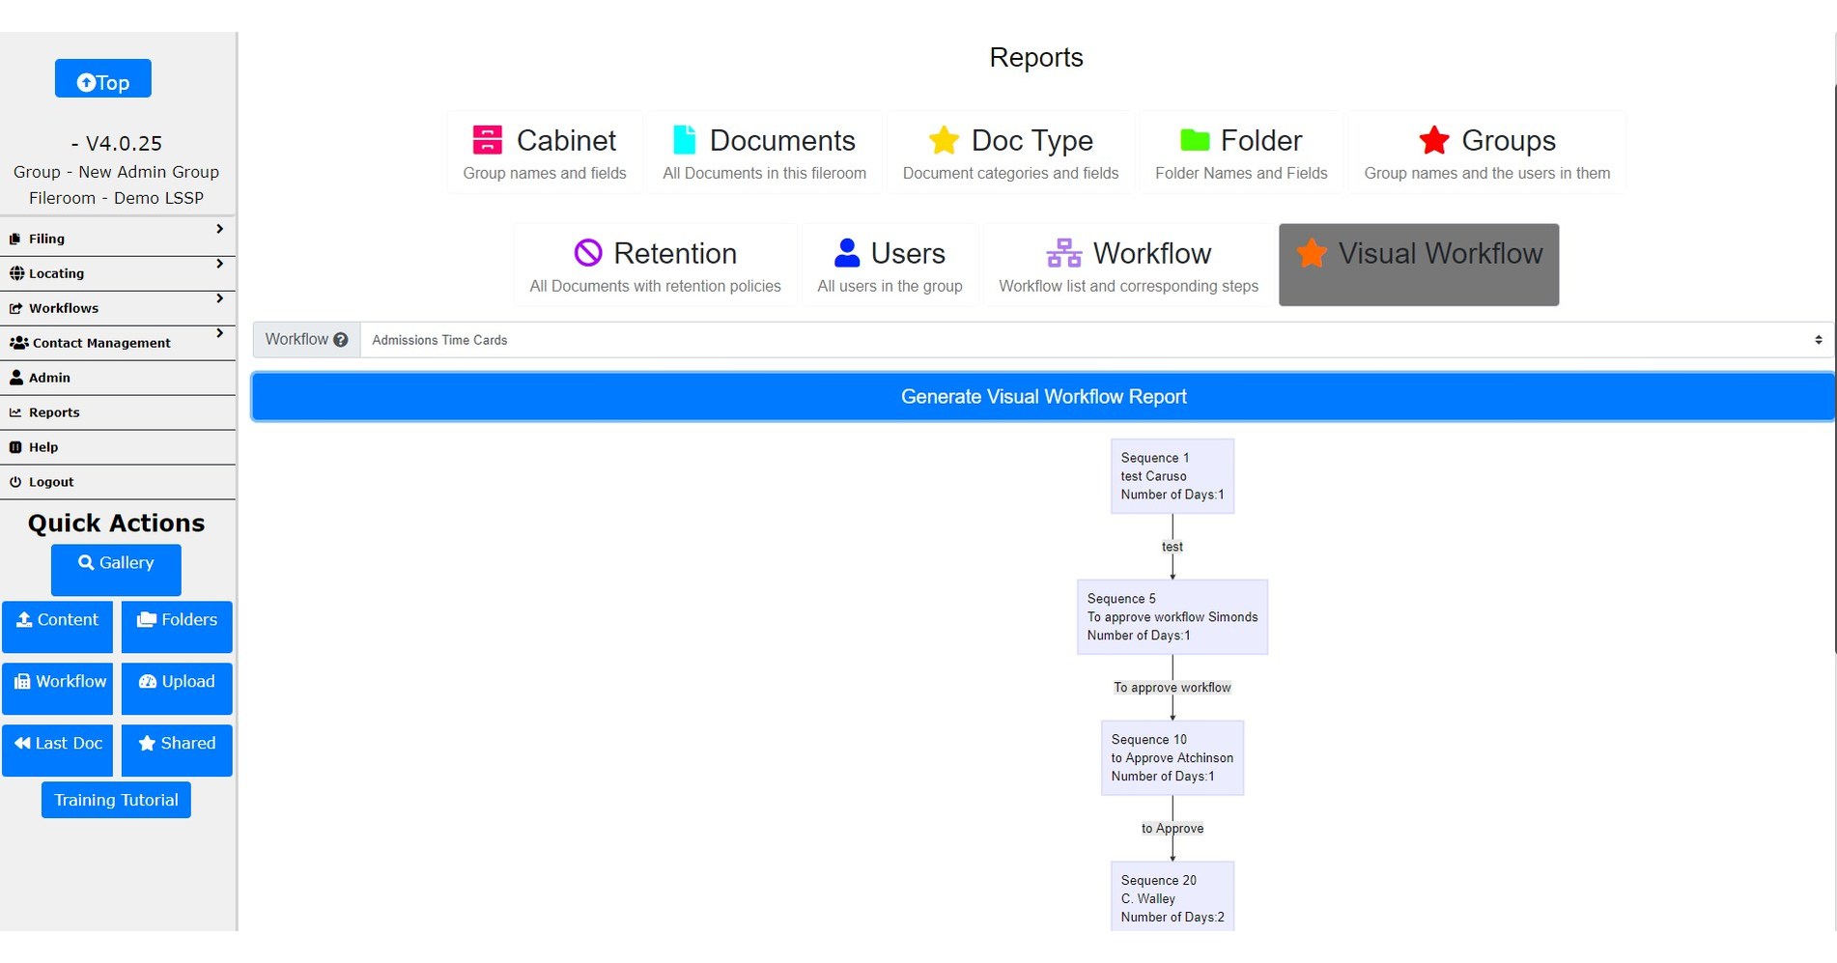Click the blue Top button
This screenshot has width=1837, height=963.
102,78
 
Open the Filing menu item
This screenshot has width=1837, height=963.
118,239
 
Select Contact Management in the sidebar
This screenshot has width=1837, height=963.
118,343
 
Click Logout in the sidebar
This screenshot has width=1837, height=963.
118,482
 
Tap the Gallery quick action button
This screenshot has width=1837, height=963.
116,570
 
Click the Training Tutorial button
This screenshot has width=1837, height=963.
116,800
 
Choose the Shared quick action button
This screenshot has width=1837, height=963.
177,751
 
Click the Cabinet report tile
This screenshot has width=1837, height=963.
545,153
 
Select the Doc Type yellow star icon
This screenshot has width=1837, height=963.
944,140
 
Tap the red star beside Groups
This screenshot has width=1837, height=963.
1434,140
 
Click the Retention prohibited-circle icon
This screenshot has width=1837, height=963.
588,253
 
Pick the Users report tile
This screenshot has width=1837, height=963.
890,265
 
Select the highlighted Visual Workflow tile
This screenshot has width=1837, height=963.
1419,265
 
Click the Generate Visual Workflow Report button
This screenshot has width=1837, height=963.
1043,397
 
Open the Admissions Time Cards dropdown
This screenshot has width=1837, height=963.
1097,340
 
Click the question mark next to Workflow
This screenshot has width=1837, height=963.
341,340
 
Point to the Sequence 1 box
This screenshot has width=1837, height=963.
1173,476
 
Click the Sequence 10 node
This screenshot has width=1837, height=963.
1173,758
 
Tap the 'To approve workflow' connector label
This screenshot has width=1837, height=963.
1173,688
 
